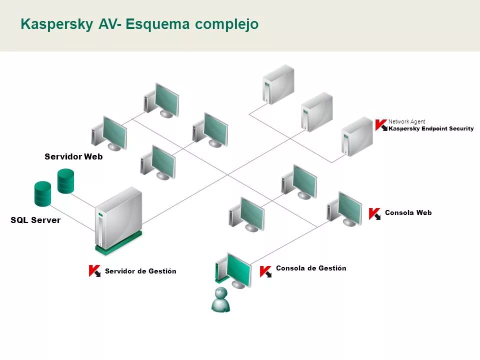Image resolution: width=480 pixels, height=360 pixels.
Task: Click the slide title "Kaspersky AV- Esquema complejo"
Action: [139, 24]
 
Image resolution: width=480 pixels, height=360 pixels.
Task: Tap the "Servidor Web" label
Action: [73, 156]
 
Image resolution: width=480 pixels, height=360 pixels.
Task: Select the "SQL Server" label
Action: [35, 220]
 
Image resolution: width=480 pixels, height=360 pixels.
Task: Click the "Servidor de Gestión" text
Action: [140, 271]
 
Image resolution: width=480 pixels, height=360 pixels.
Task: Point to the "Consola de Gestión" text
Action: [311, 268]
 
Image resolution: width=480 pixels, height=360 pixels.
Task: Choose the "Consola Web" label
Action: [408, 213]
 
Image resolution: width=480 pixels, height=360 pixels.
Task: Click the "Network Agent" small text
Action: [406, 121]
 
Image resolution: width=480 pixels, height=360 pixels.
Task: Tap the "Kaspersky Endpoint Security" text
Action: [431, 129]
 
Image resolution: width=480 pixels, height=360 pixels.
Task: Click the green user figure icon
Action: [220, 299]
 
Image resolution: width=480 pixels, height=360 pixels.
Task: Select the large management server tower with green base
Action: [119, 219]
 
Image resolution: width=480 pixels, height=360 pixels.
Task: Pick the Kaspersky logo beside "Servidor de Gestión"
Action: [94, 271]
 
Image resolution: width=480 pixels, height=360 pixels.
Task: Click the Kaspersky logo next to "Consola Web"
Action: [374, 214]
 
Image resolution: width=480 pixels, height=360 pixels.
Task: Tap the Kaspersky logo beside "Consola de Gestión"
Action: [265, 271]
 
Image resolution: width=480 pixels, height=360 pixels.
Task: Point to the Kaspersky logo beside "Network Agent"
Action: [381, 125]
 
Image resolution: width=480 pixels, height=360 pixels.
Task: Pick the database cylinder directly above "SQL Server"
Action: [42, 194]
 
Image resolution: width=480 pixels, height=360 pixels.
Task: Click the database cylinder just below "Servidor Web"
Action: [66, 181]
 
